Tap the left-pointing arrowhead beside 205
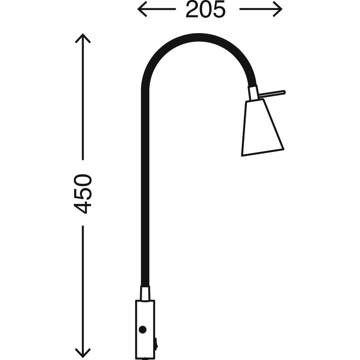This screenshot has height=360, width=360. coord(141,9)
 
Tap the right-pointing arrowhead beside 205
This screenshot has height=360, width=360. coord(278,9)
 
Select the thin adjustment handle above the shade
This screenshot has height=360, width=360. coord(272,92)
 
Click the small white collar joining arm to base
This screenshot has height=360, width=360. coord(145,293)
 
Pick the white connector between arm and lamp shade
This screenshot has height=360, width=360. coord(253,93)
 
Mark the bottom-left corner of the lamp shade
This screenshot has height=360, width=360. coord(243,155)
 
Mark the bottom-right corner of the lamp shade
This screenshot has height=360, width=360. coord(283,148)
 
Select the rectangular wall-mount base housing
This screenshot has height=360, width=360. coord(145,324)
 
